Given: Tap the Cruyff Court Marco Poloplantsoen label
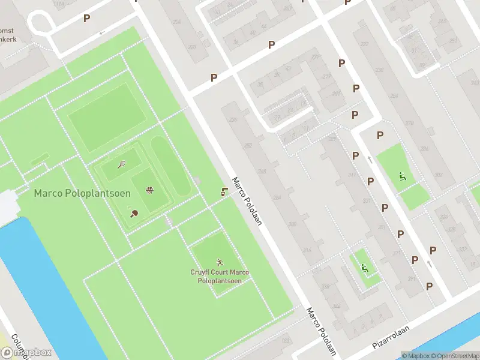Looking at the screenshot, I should pyautogui.click(x=220, y=277).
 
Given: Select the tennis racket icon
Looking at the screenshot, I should pyautogui.click(x=122, y=164).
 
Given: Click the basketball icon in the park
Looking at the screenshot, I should pyautogui.click(x=149, y=191).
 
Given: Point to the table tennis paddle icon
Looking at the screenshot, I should pyautogui.click(x=133, y=212).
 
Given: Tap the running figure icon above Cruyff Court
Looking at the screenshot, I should pyautogui.click(x=220, y=262).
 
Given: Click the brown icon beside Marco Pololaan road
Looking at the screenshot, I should pyautogui.click(x=224, y=192).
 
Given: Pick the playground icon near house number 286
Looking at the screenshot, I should pyautogui.click(x=403, y=176).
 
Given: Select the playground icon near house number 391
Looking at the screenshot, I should pyautogui.click(x=364, y=268).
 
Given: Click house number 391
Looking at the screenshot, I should pyautogui.click(x=412, y=280).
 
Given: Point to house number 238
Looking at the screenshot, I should pyautogui.click(x=232, y=119).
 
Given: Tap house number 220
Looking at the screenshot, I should pyautogui.click(x=191, y=47).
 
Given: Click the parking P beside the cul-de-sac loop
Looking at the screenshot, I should pyautogui.click(x=87, y=19).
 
